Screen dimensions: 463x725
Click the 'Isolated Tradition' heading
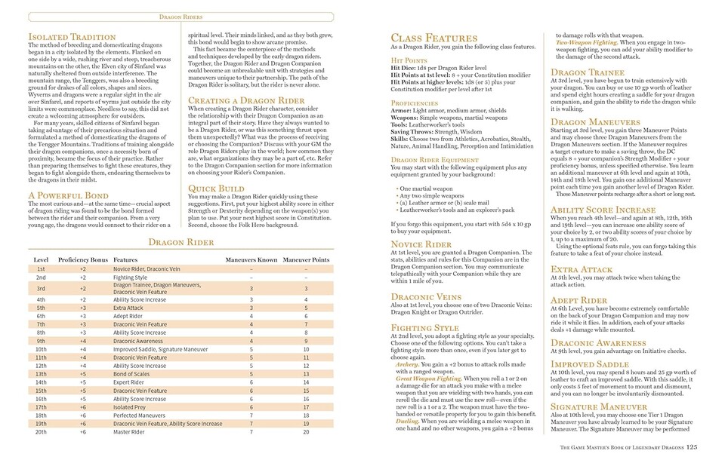click(72, 37)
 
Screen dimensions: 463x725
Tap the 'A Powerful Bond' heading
click(66, 195)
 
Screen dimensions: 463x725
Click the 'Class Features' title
click(434, 38)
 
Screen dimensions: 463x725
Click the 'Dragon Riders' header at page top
click(184, 16)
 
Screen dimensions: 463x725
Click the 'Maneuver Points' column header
click(306, 259)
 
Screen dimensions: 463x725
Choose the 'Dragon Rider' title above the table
click(180, 242)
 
